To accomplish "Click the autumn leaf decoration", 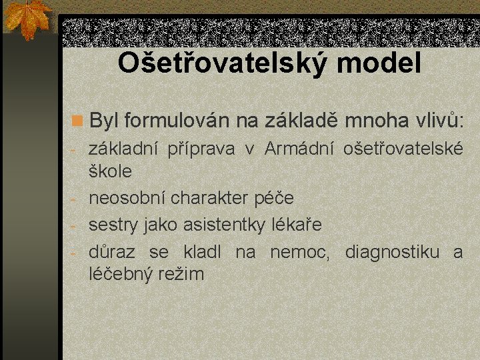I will coord(28,19).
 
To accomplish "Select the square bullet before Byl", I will coord(78,121).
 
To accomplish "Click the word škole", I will coord(110,171).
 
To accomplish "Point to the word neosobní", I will coord(127,198).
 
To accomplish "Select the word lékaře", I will coord(297,225).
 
